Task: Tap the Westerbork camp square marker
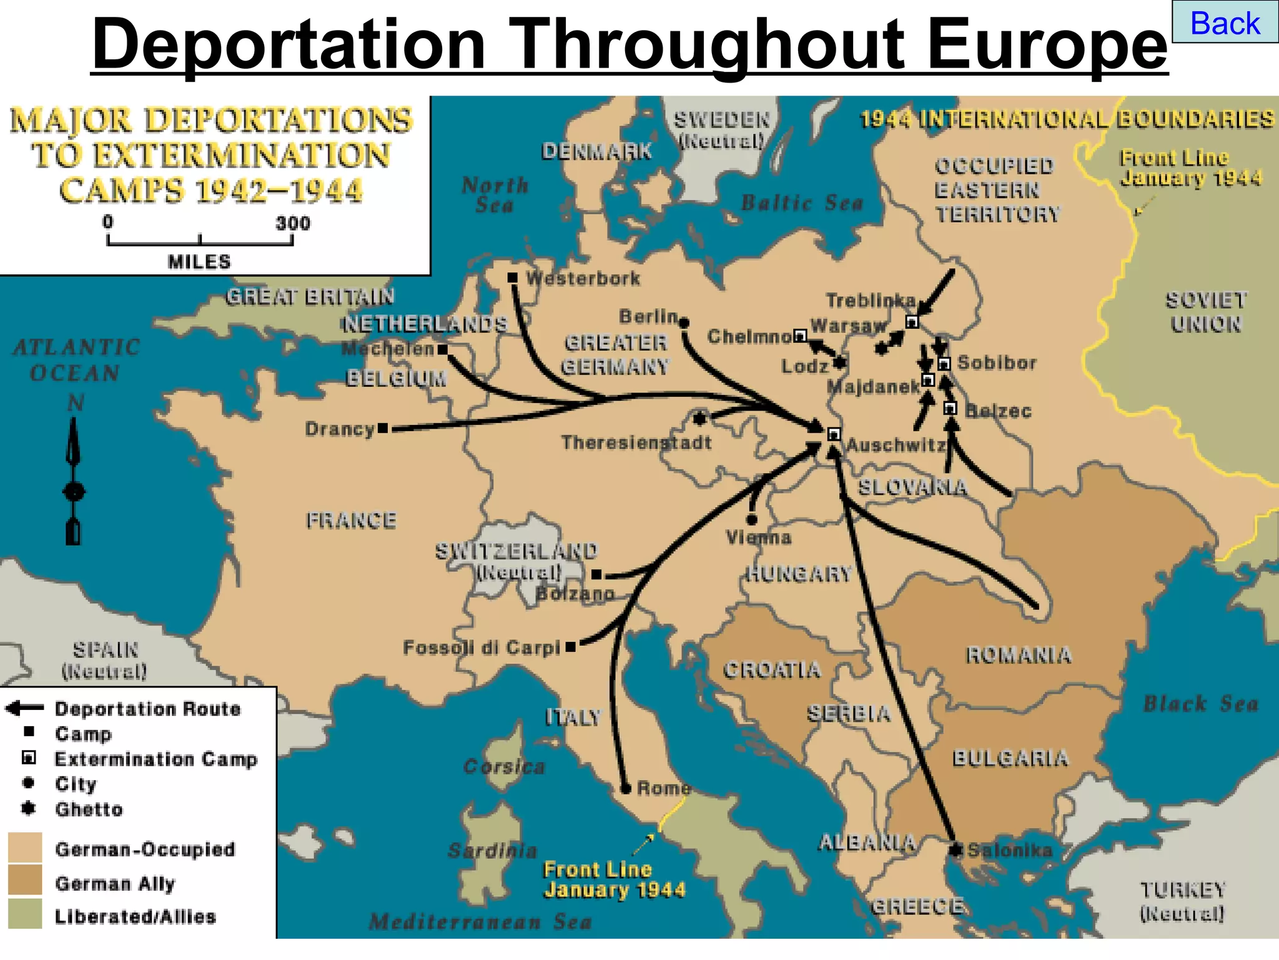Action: pos(512,277)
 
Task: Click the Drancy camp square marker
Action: pos(383,428)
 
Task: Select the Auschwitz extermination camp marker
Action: pos(834,434)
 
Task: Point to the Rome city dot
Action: pos(626,789)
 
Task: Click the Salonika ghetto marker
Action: pos(956,849)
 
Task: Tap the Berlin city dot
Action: pos(684,323)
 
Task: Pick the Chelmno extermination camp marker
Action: pos(799,336)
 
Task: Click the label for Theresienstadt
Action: pos(636,442)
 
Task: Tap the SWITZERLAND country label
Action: pos(516,551)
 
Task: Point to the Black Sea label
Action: pos(1200,704)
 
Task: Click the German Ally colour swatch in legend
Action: pos(25,881)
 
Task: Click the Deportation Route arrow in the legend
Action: pos(25,707)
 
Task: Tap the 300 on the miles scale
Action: pos(292,223)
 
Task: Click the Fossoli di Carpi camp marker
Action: pos(570,647)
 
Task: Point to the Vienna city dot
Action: pos(752,519)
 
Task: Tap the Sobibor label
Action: pos(997,362)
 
